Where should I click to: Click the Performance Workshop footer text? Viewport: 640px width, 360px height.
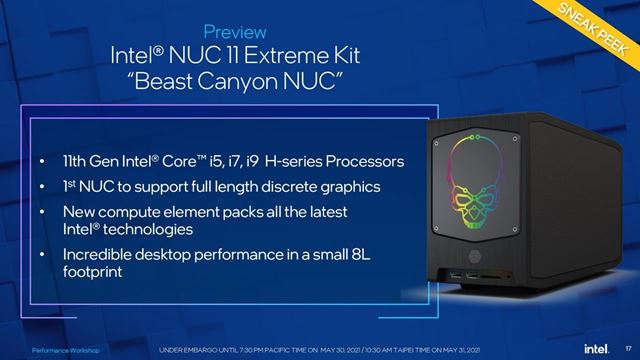click(x=62, y=352)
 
